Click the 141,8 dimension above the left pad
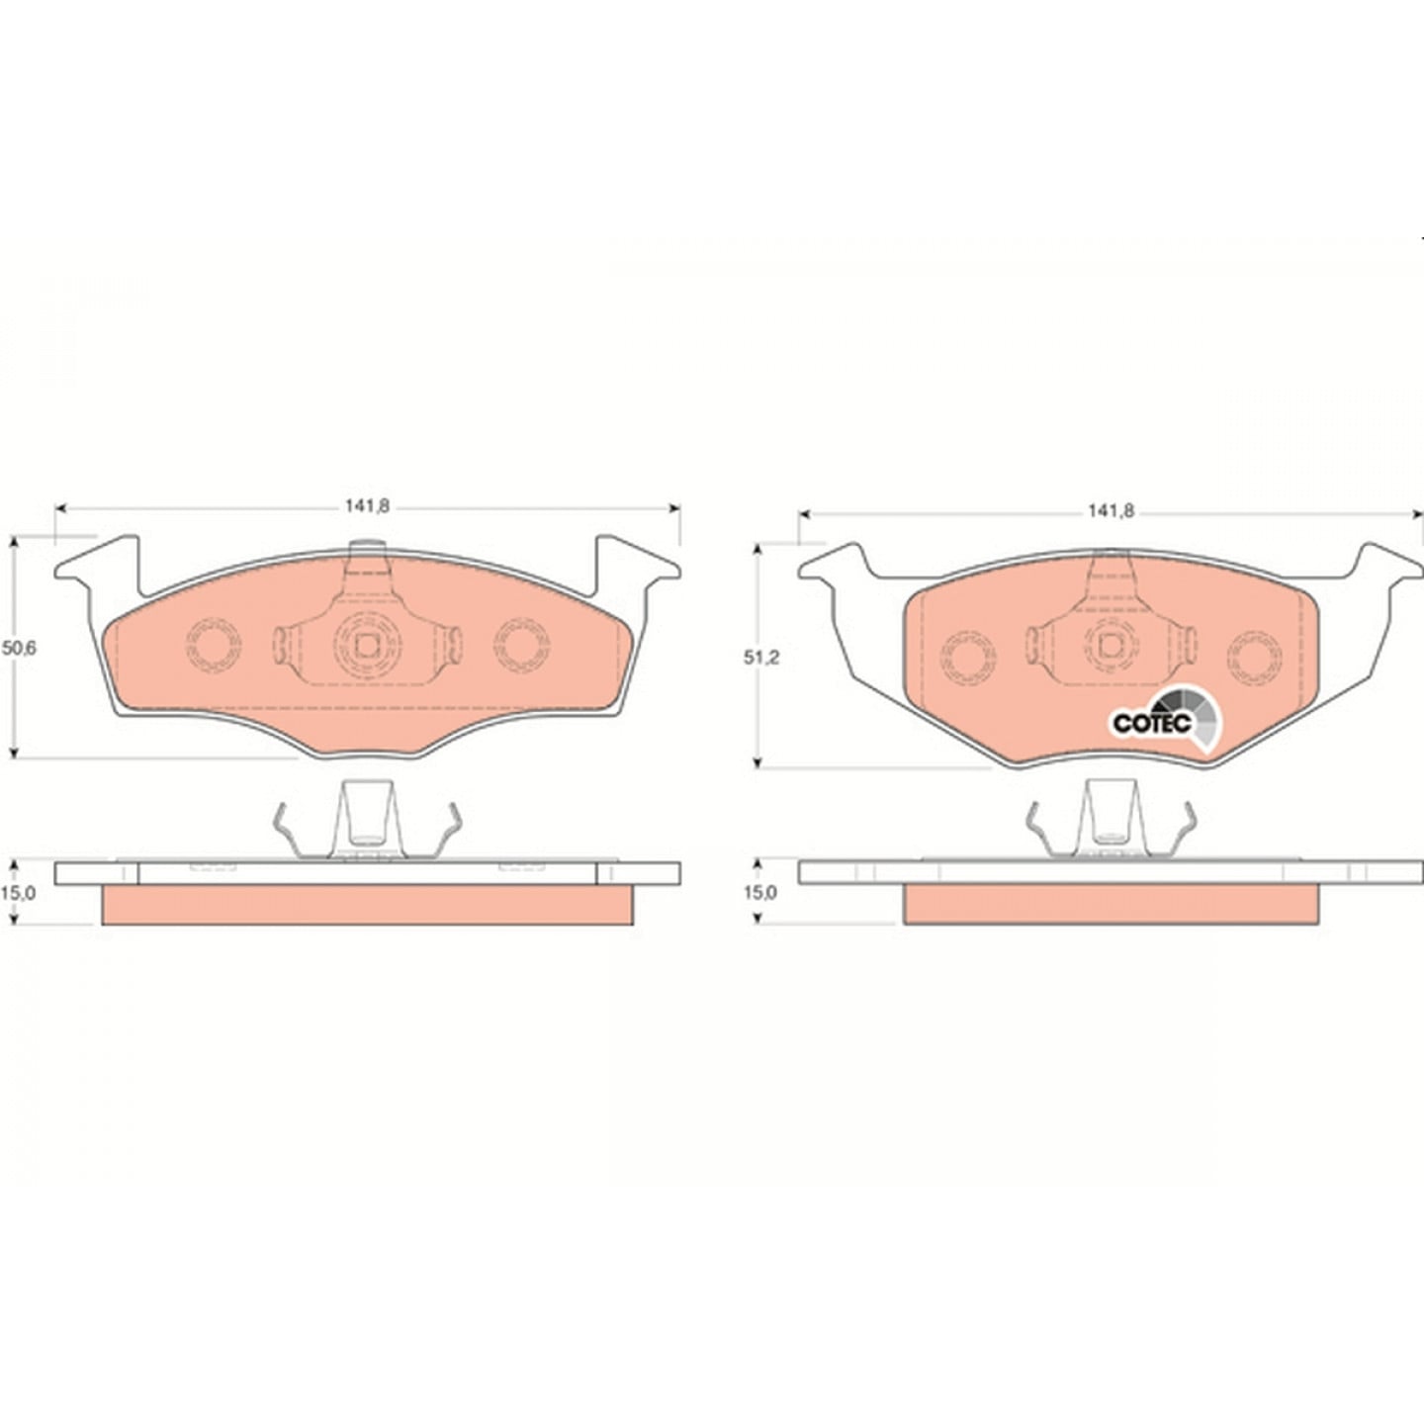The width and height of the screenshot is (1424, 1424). click(367, 507)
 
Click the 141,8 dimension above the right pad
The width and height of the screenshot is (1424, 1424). click(1110, 511)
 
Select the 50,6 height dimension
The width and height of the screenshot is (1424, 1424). click(20, 649)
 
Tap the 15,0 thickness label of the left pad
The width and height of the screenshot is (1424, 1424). click(20, 892)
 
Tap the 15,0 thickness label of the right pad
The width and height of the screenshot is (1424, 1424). click(761, 892)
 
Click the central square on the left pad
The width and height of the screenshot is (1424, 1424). click(367, 645)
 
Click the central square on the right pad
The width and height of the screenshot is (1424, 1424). click(1110, 646)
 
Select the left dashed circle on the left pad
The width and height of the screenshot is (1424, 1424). click(213, 645)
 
